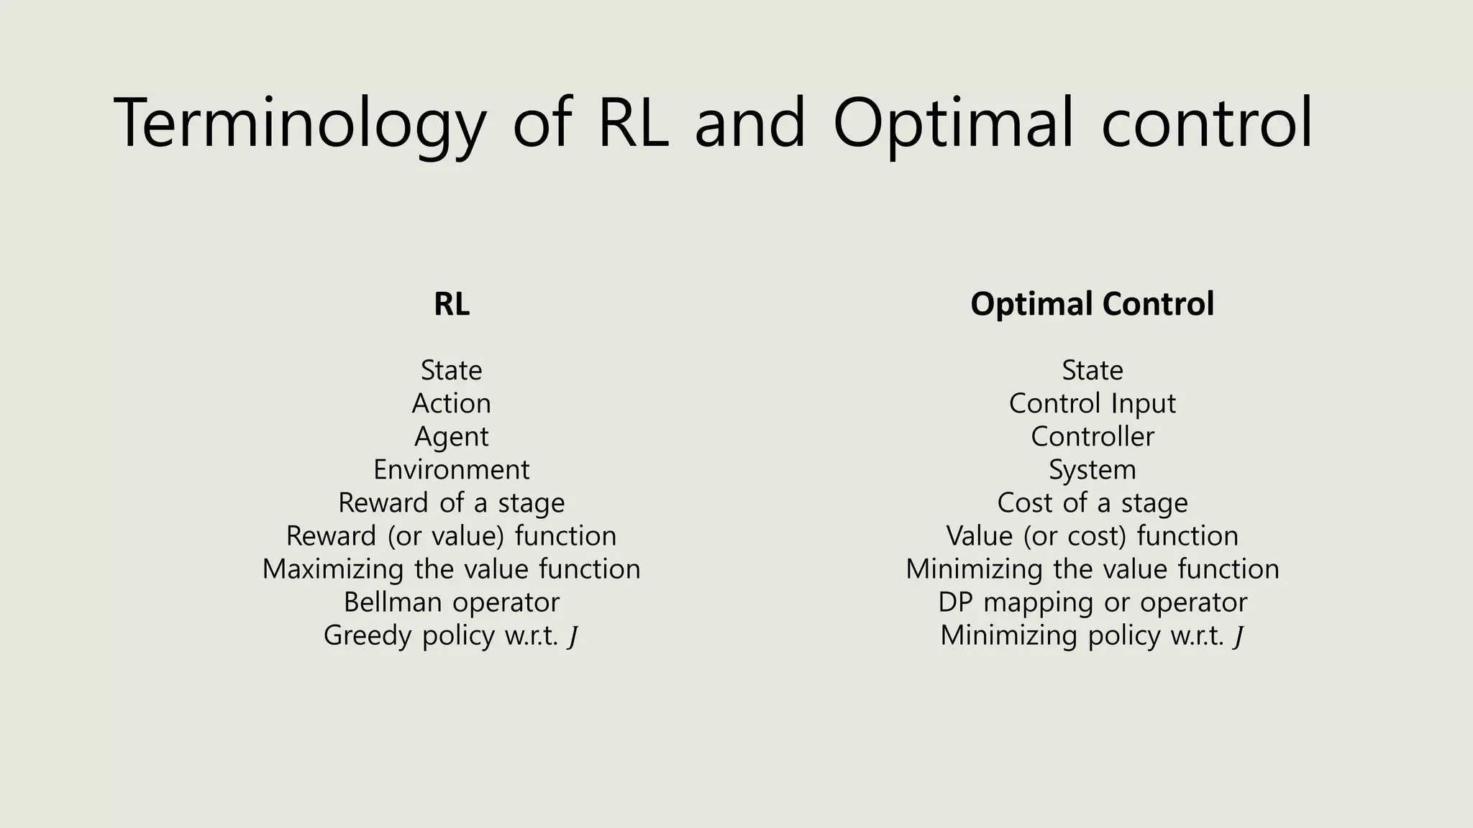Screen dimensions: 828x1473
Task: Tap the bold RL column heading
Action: point(452,304)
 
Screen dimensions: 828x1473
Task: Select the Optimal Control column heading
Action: point(1092,304)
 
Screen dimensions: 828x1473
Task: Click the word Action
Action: point(452,403)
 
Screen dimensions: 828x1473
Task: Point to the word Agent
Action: point(452,437)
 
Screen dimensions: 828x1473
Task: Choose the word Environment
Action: point(452,470)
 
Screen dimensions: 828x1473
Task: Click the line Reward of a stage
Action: point(452,503)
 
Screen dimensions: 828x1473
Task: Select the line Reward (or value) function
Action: point(452,536)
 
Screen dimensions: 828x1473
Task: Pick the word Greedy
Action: point(368,636)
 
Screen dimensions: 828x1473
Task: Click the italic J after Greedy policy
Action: point(573,637)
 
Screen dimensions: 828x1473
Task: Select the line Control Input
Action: point(1092,403)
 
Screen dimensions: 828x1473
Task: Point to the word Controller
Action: point(1092,437)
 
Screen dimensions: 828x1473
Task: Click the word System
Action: point(1092,470)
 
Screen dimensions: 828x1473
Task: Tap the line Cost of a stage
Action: point(1092,503)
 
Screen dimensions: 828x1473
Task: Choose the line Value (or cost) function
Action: point(1092,536)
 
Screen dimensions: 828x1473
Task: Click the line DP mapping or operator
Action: point(1092,602)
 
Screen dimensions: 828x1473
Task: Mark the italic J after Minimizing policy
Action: point(1238,637)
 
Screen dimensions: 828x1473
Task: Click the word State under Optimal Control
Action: point(1092,370)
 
